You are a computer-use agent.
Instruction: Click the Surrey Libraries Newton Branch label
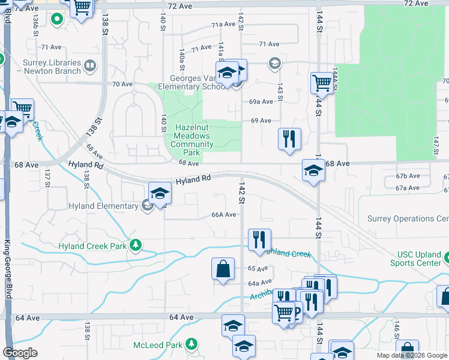(x=52, y=67)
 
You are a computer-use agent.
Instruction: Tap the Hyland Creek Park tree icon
(x=136, y=245)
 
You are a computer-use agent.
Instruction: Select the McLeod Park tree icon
(x=191, y=344)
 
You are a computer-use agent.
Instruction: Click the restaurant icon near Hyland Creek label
(x=259, y=239)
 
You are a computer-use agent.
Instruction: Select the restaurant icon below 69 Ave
(x=289, y=139)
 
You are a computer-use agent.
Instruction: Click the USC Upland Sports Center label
(x=415, y=259)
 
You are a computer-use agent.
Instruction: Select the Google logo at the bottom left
(x=20, y=353)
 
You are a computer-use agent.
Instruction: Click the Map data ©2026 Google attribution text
(x=412, y=355)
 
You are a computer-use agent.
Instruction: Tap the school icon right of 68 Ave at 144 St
(x=313, y=172)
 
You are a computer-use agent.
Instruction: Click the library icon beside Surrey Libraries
(x=90, y=65)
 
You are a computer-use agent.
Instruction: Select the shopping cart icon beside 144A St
(x=322, y=83)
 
